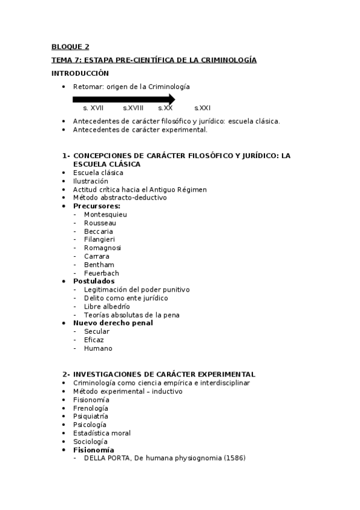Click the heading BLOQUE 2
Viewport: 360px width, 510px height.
[70, 46]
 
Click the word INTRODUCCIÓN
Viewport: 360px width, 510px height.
[79, 73]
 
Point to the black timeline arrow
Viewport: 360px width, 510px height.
[123, 99]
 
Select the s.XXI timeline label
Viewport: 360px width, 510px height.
[202, 108]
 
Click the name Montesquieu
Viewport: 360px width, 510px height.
[105, 214]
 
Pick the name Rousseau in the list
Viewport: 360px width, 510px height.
[100, 223]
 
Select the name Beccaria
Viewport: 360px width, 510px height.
[99, 231]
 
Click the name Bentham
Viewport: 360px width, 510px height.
[99, 265]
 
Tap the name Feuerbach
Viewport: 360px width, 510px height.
[102, 273]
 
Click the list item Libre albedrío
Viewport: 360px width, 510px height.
[106, 306]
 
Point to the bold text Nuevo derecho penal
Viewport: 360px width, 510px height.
[112, 323]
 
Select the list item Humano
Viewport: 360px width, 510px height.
[98, 348]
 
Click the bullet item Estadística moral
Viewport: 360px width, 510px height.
[102, 433]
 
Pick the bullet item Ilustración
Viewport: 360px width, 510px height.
[90, 181]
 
